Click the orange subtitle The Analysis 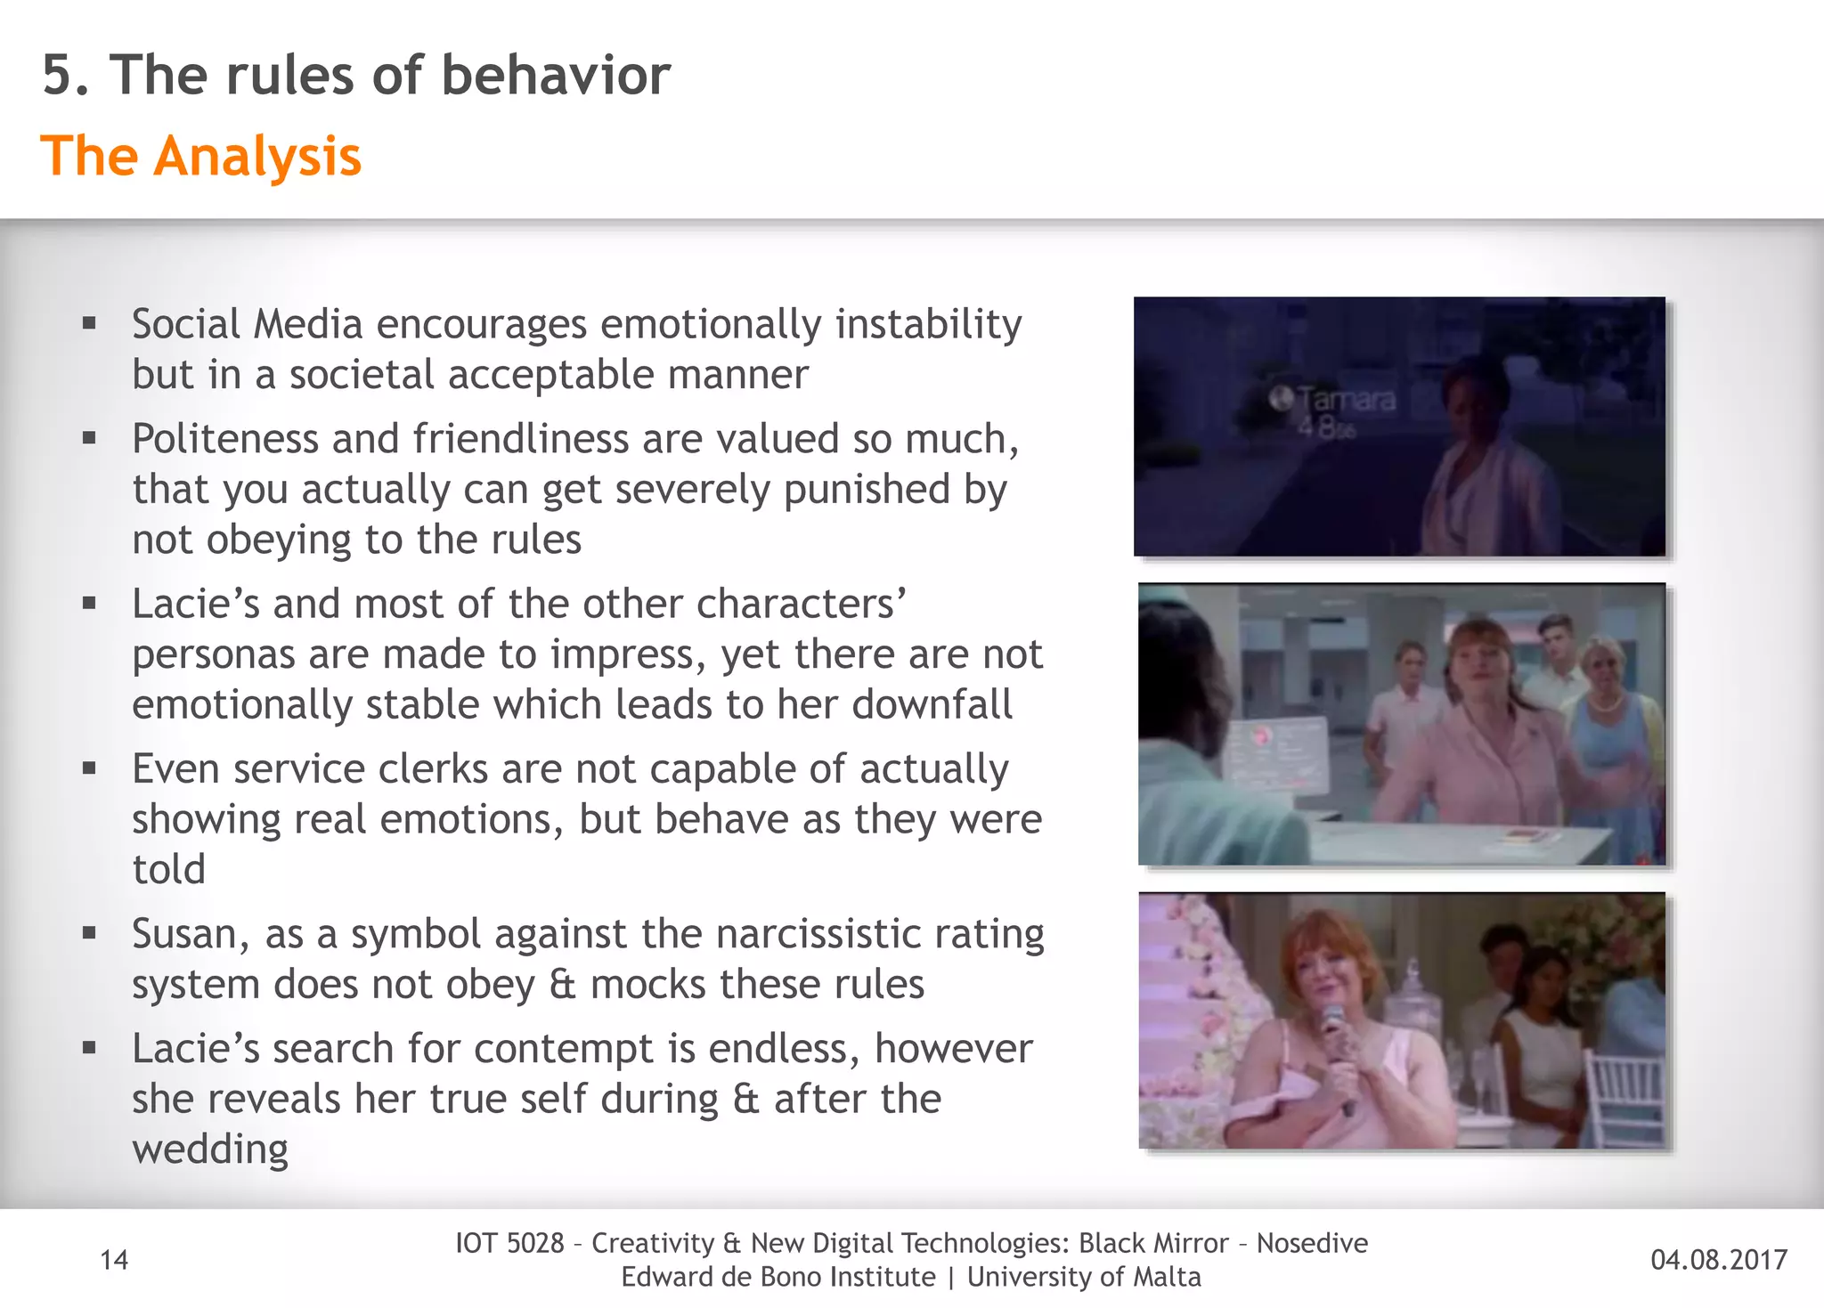coord(201,157)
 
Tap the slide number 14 coord(114,1260)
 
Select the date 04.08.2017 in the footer coord(1718,1260)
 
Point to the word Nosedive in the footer coord(1312,1243)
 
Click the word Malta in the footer coord(1167,1277)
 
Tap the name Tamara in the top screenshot coord(1346,399)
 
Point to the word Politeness coord(225,439)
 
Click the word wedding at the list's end coord(210,1150)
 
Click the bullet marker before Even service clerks coord(89,768)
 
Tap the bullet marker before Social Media coord(89,324)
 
